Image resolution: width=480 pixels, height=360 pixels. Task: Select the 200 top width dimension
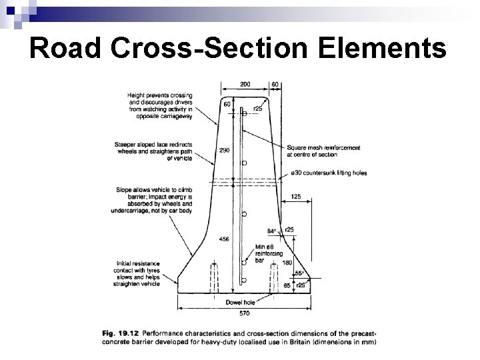[x=245, y=85]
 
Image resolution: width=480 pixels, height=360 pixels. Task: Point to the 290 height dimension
[x=224, y=150]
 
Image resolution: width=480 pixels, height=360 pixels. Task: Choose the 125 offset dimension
[x=297, y=197]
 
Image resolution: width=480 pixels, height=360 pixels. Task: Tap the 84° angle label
[x=271, y=231]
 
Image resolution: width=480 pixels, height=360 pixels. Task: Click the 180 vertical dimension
[x=287, y=262]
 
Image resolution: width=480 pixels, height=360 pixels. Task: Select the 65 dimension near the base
[x=287, y=285]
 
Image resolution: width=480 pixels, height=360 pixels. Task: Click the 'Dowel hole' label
[x=237, y=301]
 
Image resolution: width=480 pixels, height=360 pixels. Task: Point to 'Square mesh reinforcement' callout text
[x=323, y=151]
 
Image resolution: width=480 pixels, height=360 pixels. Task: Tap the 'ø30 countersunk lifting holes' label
[x=329, y=173]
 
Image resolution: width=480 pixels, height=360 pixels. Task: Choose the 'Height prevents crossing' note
[x=160, y=106]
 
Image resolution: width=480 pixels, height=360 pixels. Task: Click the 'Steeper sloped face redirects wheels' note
[x=155, y=151]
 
